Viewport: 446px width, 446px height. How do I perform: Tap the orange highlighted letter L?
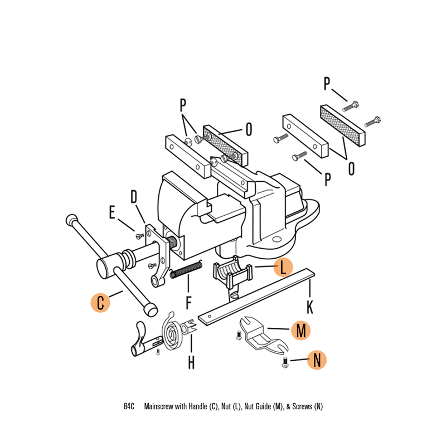tap(283, 268)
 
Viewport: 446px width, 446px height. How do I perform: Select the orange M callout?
tap(301, 331)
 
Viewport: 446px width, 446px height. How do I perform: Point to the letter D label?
tap(134, 197)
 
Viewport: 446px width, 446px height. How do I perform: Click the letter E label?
tap(111, 212)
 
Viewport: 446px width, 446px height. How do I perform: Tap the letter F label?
tap(189, 303)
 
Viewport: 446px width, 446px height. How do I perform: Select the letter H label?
tap(191, 363)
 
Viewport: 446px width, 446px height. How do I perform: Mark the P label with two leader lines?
tap(182, 105)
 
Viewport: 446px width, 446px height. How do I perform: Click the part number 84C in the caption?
tap(129, 406)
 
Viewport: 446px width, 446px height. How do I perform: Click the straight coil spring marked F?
tap(186, 270)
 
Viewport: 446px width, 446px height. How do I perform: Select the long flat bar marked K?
tap(257, 296)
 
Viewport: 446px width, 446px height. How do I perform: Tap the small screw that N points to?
tap(285, 364)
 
